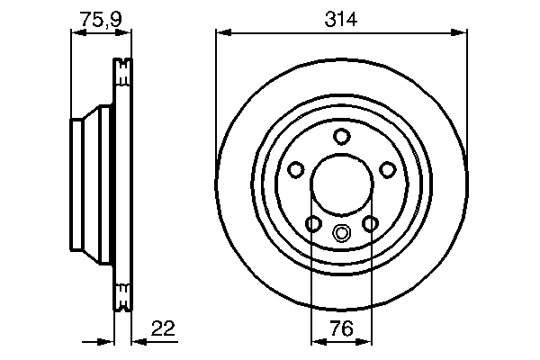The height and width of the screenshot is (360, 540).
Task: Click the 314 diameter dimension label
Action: pyautogui.click(x=342, y=17)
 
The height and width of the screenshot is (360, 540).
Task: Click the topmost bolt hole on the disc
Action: pyautogui.click(x=341, y=136)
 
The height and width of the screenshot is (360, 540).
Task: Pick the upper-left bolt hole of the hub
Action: pyautogui.click(x=295, y=169)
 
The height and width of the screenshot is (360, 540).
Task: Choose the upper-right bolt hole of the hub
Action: pyautogui.click(x=388, y=169)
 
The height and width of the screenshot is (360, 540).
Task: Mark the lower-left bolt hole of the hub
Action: pyautogui.click(x=313, y=224)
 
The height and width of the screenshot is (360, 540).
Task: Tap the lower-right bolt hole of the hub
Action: pyautogui.click(x=370, y=224)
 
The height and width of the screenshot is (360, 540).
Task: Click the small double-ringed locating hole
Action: pyautogui.click(x=341, y=233)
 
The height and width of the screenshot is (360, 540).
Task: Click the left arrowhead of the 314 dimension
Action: pyautogui.click(x=221, y=33)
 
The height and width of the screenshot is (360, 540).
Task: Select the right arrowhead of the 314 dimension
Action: pyautogui.click(x=462, y=33)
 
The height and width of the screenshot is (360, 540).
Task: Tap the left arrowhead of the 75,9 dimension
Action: pyautogui.click(x=76, y=33)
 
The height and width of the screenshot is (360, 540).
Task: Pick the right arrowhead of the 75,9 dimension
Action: pyautogui.click(x=126, y=33)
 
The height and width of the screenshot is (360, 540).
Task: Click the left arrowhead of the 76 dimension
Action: pyautogui.click(x=316, y=341)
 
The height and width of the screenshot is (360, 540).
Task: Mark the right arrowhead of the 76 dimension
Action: pyautogui.click(x=367, y=341)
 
